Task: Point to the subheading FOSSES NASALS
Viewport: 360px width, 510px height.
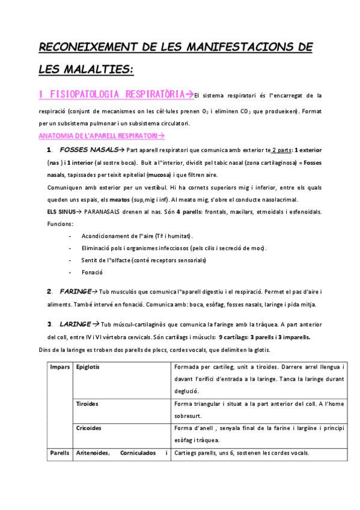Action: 88,150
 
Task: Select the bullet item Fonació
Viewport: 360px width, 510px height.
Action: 91,272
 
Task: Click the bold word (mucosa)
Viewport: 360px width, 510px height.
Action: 157,175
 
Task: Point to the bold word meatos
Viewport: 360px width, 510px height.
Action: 121,200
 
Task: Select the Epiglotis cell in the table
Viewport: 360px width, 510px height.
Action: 88,367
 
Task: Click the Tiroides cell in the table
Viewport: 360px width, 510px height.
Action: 87,404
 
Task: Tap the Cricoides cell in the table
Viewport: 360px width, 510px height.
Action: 88,429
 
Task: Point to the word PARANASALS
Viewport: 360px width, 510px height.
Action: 108,212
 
